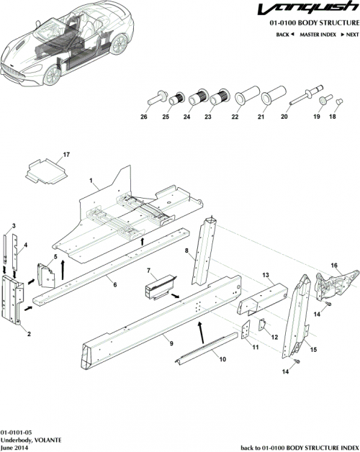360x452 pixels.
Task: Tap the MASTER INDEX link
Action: (x=318, y=35)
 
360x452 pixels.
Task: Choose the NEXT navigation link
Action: (x=349, y=35)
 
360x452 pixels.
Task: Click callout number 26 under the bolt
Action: (x=144, y=117)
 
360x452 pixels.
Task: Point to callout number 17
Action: (x=66, y=155)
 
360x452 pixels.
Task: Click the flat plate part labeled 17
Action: (x=42, y=171)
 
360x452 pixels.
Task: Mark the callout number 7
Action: (x=149, y=271)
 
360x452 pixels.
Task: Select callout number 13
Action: (x=265, y=275)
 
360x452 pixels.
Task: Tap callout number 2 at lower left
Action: (x=29, y=333)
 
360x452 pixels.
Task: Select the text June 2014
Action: (x=15, y=446)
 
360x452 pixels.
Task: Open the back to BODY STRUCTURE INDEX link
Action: (x=297, y=446)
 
